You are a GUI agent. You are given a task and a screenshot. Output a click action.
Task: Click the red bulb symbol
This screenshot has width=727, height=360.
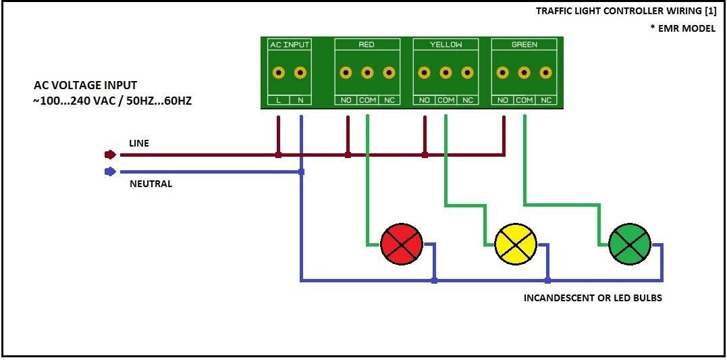(401, 244)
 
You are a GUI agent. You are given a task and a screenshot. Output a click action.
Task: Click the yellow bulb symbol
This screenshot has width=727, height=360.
(515, 244)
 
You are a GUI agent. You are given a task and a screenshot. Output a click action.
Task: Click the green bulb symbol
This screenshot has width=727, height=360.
(629, 244)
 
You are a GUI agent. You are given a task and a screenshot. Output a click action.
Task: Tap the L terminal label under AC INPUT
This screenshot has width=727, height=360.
(278, 100)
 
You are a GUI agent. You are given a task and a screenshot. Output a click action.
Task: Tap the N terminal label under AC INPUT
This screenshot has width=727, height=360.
(300, 100)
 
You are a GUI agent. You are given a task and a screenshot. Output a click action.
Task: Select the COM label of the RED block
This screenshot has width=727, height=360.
(367, 100)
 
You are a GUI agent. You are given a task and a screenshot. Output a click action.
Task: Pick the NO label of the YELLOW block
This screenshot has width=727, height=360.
(425, 100)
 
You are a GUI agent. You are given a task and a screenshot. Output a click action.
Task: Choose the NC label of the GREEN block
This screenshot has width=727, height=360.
(546, 100)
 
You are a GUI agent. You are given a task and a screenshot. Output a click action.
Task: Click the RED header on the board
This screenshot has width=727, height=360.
(367, 45)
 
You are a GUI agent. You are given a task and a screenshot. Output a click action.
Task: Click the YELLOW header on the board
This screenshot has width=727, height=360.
(446, 45)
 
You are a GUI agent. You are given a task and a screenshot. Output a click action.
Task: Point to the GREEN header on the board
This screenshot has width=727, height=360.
(524, 45)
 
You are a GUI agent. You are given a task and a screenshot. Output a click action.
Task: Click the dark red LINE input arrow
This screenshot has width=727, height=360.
(111, 155)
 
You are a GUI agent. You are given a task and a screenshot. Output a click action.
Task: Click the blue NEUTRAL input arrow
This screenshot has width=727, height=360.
(111, 172)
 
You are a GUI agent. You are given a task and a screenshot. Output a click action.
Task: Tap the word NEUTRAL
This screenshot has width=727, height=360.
(151, 184)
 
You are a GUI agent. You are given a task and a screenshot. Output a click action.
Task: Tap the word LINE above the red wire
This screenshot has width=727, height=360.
(139, 144)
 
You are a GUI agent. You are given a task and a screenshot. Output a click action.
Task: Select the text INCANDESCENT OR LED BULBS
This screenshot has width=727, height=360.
(593, 298)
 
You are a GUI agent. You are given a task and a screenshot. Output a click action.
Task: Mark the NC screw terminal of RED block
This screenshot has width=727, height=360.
(389, 72)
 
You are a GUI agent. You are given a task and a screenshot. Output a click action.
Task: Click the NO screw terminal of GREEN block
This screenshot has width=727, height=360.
(503, 72)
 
